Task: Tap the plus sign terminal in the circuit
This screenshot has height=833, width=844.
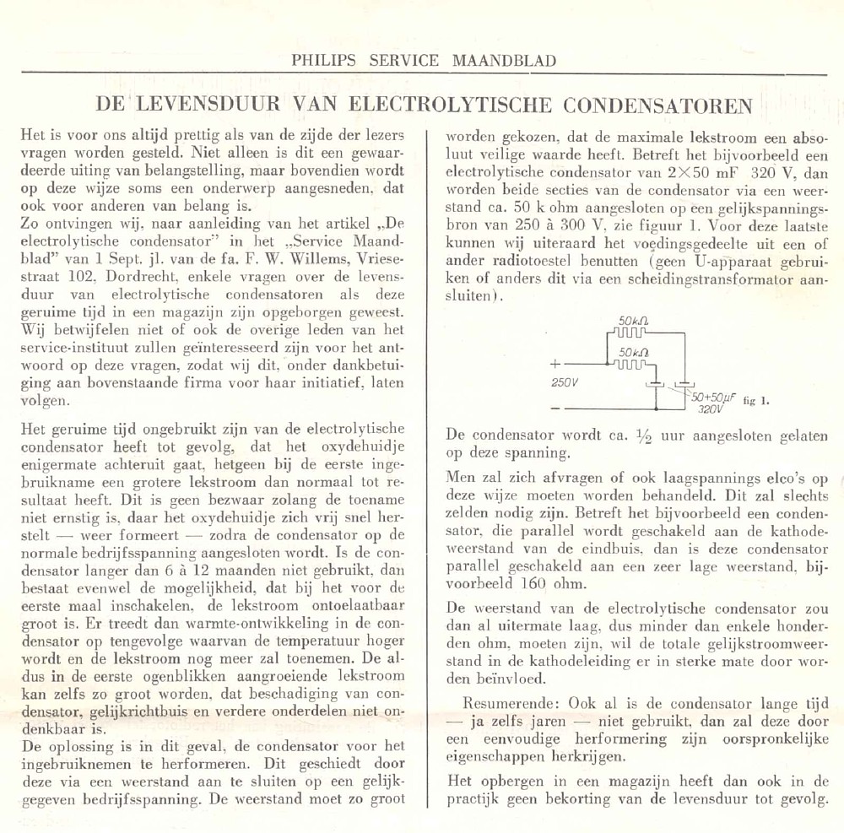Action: click(555, 365)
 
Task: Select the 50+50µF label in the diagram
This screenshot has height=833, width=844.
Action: click(713, 395)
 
